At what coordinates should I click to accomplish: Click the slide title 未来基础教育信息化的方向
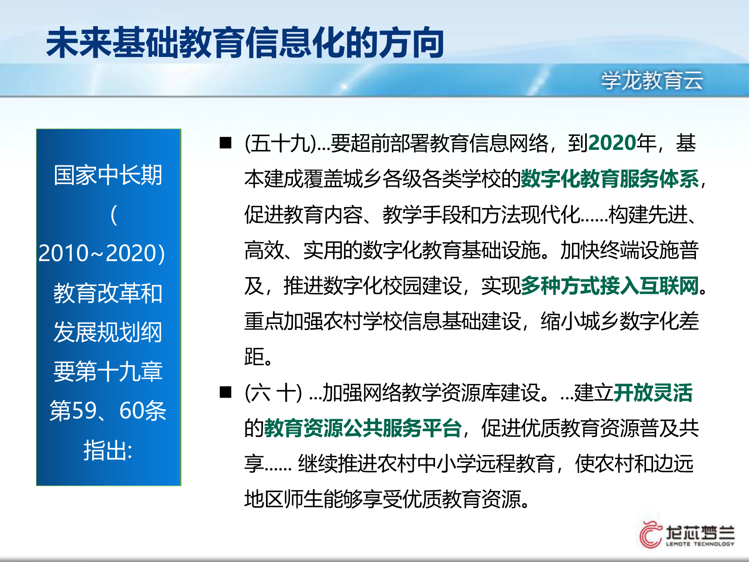point(245,43)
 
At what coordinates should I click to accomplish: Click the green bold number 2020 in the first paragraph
point(612,143)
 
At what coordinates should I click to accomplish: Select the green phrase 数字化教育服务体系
point(610,179)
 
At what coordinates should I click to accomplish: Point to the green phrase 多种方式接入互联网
point(610,286)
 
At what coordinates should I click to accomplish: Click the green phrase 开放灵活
point(653,393)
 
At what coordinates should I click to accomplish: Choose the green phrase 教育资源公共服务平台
point(363,428)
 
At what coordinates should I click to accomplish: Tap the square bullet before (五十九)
point(225,143)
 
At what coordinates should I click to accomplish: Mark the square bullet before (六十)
point(225,392)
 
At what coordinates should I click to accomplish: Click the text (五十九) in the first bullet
point(280,143)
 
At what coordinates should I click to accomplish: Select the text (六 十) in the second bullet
point(273,393)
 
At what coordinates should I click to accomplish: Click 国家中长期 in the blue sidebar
point(108,175)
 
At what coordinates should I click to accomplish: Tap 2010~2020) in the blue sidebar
point(102,253)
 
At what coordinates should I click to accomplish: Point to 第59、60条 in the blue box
point(108,411)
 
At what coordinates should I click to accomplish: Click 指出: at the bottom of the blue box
point(108,450)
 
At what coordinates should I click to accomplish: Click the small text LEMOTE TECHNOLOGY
point(700,544)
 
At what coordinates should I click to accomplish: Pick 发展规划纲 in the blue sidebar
point(108,332)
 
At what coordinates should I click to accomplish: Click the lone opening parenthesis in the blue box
point(114,215)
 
